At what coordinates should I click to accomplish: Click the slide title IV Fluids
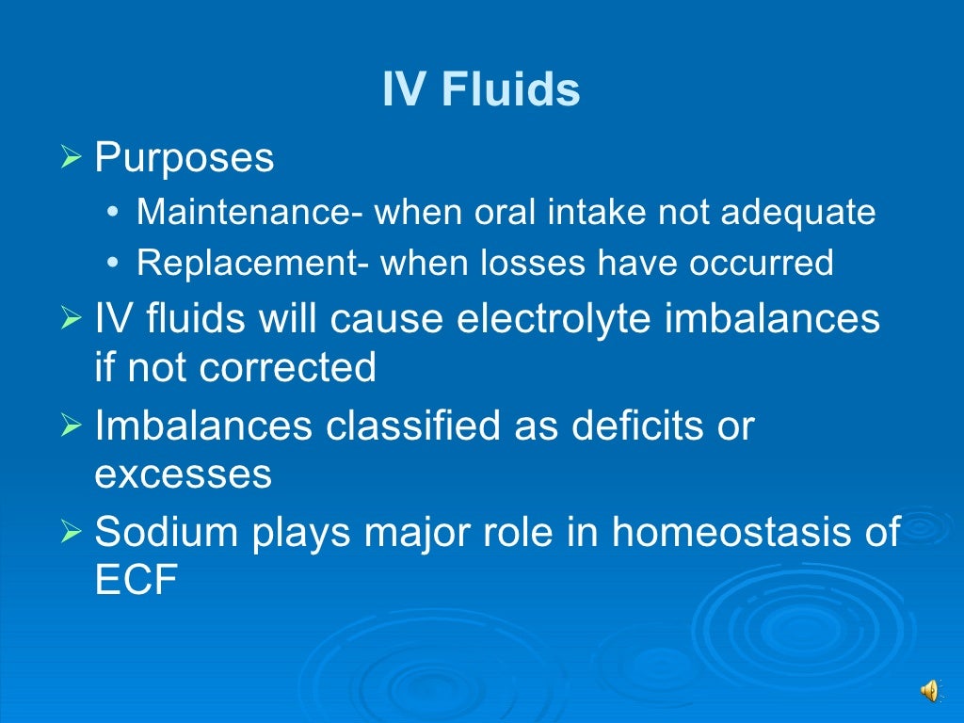click(x=481, y=90)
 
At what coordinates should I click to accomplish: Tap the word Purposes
click(x=185, y=158)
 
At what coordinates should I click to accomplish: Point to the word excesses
click(x=184, y=474)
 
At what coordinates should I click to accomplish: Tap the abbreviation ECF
click(x=137, y=581)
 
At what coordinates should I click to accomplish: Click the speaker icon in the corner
click(x=930, y=692)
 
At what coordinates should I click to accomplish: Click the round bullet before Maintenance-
click(x=113, y=214)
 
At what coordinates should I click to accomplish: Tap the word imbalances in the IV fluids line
click(x=772, y=319)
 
